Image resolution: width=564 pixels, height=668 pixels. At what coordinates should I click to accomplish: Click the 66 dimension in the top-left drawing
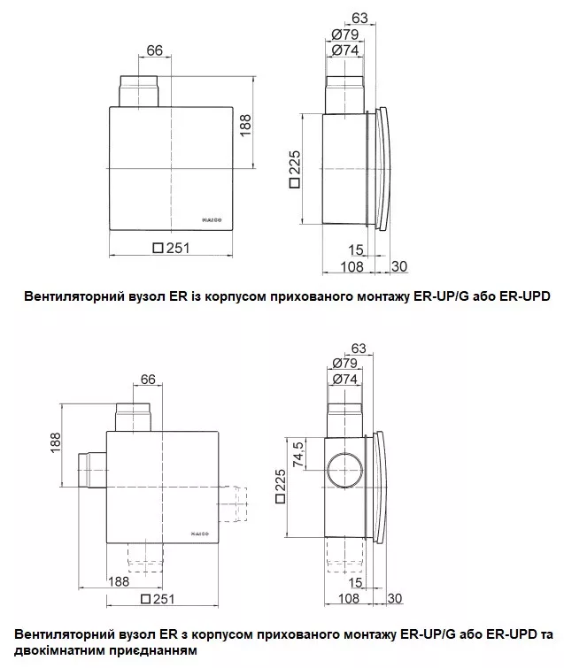click(x=154, y=50)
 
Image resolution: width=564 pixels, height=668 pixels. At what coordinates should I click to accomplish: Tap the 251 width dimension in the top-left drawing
click(x=171, y=248)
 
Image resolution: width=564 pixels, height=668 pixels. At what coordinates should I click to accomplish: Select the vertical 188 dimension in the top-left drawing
click(x=245, y=126)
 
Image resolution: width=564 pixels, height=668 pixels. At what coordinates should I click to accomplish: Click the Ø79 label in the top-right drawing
click(x=345, y=35)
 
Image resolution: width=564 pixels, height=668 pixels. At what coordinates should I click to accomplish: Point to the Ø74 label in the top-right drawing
click(x=345, y=50)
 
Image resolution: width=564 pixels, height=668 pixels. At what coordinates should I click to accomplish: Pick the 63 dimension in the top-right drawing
click(x=359, y=18)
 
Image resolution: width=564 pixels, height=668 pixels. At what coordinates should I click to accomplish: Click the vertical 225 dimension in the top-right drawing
click(x=295, y=169)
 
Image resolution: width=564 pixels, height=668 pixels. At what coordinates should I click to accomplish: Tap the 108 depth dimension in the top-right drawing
click(x=352, y=266)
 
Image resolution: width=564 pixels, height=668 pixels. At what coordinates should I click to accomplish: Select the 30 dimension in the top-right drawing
click(x=399, y=266)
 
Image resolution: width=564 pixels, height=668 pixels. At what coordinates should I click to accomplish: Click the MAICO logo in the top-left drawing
click(x=212, y=220)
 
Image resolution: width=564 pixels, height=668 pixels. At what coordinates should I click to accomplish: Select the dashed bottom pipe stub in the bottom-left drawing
click(x=145, y=557)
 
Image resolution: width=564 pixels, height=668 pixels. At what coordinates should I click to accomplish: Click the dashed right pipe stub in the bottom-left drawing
click(x=233, y=503)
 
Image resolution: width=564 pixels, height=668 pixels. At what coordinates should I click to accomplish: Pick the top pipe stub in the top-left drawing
click(x=138, y=91)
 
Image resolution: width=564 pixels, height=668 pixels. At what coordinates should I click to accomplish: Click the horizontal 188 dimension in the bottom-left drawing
click(x=119, y=581)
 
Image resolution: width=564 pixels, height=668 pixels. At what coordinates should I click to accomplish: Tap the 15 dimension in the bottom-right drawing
click(x=355, y=582)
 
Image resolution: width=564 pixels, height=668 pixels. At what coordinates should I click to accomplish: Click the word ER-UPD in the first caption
click(x=524, y=296)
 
